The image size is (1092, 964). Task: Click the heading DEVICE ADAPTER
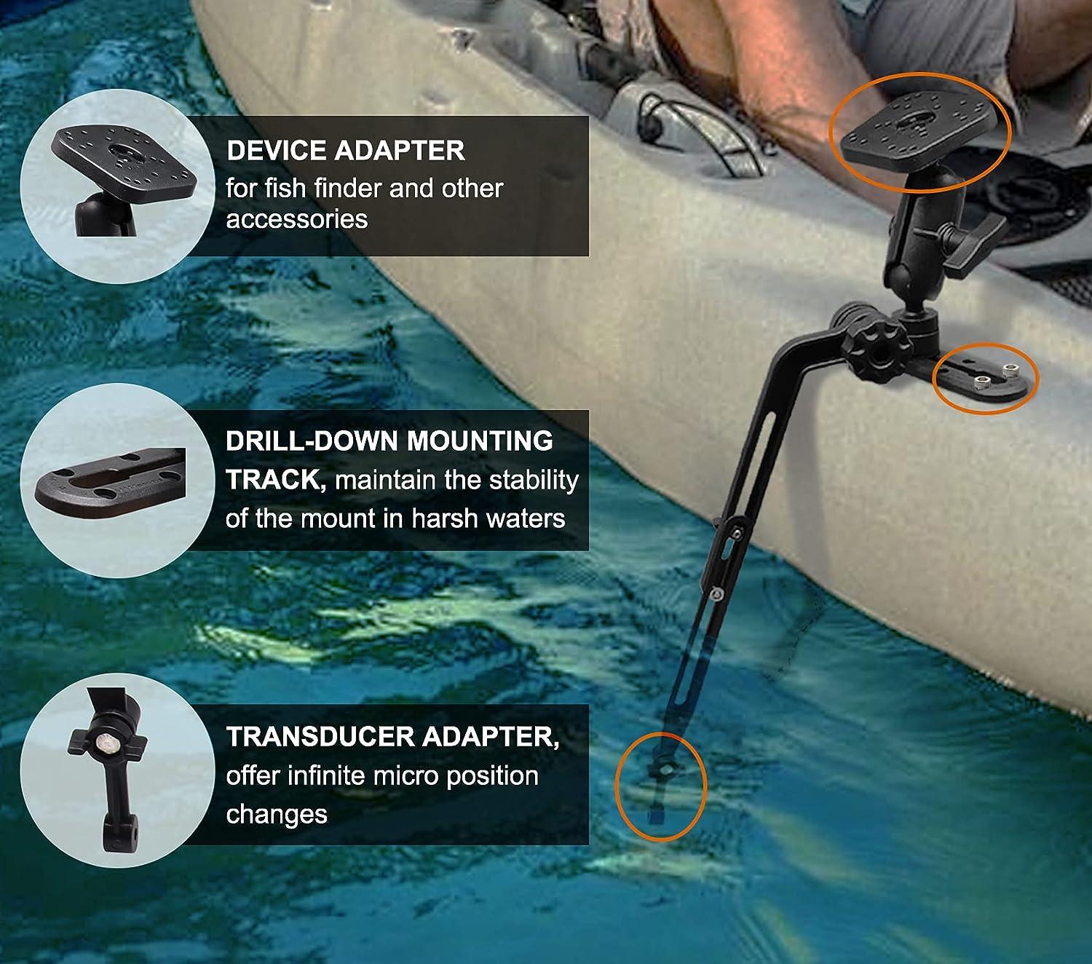click(345, 151)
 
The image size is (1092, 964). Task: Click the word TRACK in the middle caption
click(272, 480)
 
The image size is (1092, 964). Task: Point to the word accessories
click(296, 219)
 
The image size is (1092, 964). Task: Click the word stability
click(534, 480)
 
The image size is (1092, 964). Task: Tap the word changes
click(276, 814)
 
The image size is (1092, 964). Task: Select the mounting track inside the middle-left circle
click(109, 482)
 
